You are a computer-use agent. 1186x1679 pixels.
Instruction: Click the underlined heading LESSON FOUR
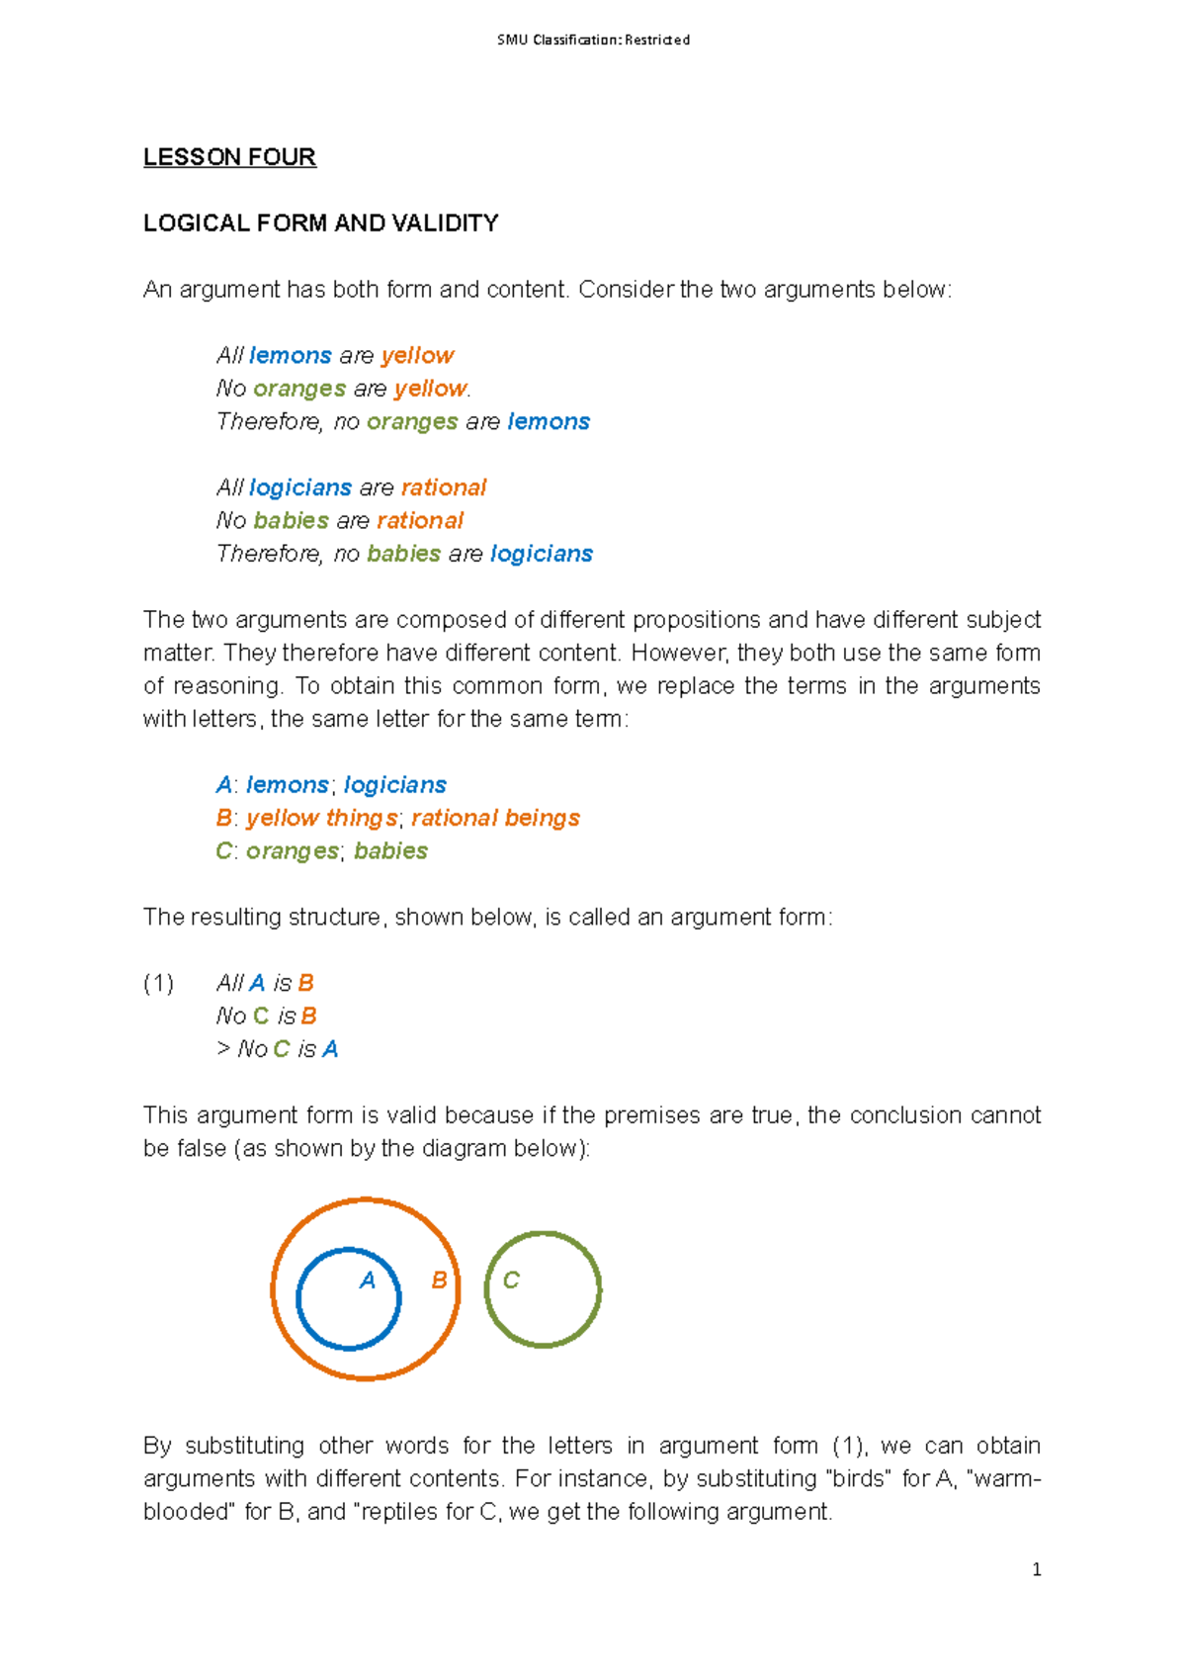(x=229, y=157)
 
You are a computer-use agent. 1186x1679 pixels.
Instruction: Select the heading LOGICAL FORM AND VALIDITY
(x=320, y=223)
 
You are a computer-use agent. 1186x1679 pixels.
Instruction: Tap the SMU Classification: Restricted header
(x=593, y=41)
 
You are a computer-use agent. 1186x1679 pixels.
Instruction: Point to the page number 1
(x=1036, y=1569)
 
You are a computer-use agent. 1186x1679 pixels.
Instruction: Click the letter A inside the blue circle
(x=368, y=1281)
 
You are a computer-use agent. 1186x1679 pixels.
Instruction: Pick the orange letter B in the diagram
(x=439, y=1281)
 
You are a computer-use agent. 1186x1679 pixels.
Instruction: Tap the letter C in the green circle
(x=511, y=1281)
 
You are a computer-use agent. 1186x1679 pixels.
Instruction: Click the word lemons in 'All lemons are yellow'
(x=291, y=356)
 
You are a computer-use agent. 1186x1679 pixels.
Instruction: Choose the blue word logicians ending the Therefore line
(x=541, y=554)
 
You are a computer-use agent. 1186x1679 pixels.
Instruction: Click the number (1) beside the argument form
(x=158, y=983)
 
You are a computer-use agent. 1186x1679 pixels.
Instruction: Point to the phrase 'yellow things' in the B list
(x=321, y=819)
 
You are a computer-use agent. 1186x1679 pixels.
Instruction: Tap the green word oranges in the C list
(x=292, y=851)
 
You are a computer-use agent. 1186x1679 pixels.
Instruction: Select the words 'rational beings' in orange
(x=495, y=819)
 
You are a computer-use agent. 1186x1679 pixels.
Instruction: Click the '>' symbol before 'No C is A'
(x=223, y=1049)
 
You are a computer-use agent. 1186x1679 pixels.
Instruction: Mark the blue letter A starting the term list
(x=224, y=785)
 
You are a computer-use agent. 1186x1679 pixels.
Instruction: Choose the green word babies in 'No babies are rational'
(x=291, y=521)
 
